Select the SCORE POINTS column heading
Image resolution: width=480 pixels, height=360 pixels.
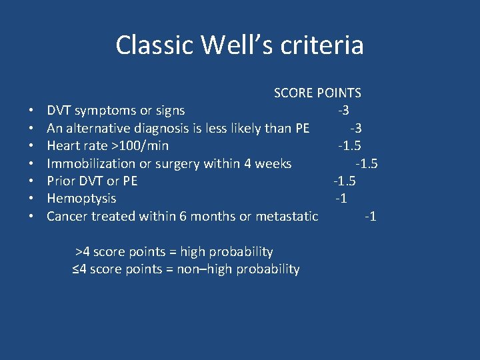(x=317, y=93)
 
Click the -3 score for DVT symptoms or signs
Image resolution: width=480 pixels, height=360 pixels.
(x=344, y=111)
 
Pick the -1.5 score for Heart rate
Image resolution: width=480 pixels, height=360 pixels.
(x=349, y=146)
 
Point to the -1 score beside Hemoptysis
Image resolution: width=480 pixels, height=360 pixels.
(x=341, y=199)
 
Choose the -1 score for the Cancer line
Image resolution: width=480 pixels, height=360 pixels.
(x=370, y=216)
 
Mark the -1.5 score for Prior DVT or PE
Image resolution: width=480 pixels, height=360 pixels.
(x=345, y=181)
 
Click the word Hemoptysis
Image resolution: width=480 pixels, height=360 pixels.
(x=81, y=199)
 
